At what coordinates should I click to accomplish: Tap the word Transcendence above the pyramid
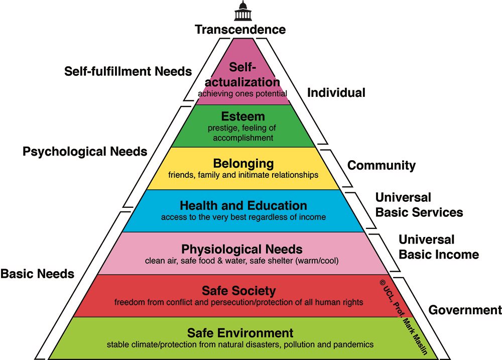point(240,30)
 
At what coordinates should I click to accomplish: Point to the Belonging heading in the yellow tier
point(243,164)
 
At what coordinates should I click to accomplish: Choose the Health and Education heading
point(243,206)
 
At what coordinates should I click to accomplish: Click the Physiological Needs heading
point(242,249)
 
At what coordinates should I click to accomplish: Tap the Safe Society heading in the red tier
point(238,291)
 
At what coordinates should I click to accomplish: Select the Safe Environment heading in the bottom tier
point(240,333)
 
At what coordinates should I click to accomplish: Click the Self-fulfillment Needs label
point(128,71)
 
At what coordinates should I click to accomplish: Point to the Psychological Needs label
point(85,151)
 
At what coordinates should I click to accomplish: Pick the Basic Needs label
point(37,274)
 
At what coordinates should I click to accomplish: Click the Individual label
point(336,93)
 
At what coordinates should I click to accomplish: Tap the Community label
point(382,165)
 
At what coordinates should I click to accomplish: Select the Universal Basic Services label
point(419,205)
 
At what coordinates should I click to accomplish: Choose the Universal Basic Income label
point(438,247)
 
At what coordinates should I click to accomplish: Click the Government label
point(465,310)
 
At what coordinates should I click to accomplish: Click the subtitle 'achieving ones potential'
point(242,93)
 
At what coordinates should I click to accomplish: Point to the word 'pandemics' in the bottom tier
point(355,344)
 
